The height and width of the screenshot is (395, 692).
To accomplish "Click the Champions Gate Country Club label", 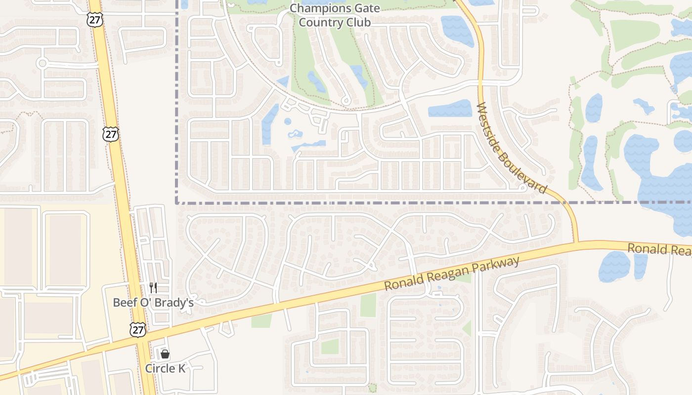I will click(x=335, y=15).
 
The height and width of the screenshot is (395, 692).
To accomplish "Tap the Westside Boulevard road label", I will click(x=512, y=148).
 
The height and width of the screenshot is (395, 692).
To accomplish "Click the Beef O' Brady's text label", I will click(x=153, y=303).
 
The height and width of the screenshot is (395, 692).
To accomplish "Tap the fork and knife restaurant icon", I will click(x=153, y=288).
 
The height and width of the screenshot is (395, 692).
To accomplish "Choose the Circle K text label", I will click(x=165, y=368).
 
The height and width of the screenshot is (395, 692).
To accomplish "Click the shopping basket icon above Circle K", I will click(x=165, y=354).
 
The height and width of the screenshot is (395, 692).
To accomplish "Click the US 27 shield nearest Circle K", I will click(x=138, y=330).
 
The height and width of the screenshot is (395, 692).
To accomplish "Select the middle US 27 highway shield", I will click(x=111, y=134).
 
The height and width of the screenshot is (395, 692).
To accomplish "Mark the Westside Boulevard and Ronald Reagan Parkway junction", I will click(x=576, y=243).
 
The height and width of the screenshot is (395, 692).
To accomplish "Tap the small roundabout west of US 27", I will click(x=42, y=63).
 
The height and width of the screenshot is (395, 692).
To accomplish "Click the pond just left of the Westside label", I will click(x=450, y=109).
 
